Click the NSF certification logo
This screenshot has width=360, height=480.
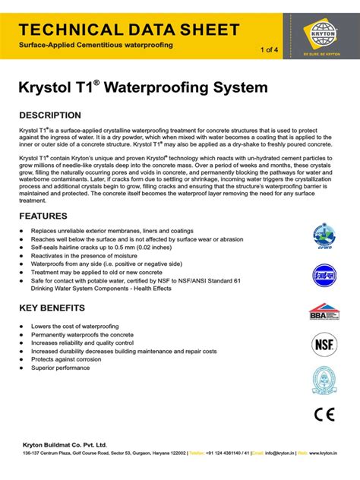[x=324, y=345]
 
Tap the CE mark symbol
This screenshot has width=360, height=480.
[x=324, y=415]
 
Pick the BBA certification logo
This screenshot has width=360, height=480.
[x=324, y=311]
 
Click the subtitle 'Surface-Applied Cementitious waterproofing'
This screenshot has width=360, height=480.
[x=96, y=46]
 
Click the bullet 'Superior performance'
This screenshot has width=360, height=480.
[x=60, y=368]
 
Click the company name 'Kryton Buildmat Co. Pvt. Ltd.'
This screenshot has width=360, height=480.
[x=64, y=444]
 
